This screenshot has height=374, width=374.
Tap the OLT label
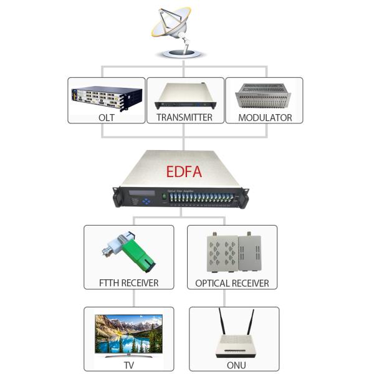tap(107, 117)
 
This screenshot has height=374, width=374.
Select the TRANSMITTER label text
tap(185, 117)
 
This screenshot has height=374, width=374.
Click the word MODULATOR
tap(264, 117)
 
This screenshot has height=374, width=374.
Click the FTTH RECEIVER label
tap(129, 283)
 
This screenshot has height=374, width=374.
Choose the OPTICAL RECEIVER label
tap(232, 283)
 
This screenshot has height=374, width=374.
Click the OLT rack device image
tap(107, 97)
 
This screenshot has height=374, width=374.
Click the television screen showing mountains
tap(128, 333)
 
